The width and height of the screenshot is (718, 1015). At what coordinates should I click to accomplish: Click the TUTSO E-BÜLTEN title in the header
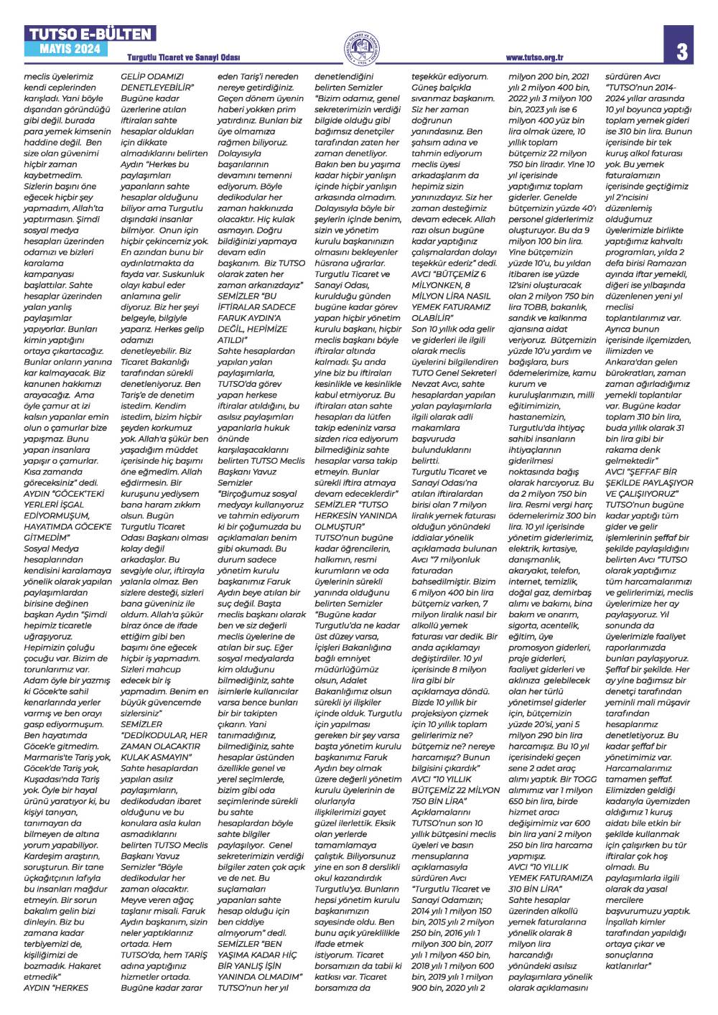point(90,34)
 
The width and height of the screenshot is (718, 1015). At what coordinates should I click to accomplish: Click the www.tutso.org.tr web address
point(534,58)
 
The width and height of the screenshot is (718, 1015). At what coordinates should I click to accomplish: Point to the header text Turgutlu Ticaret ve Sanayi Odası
point(183,57)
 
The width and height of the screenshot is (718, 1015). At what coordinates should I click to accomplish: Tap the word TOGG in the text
point(584,779)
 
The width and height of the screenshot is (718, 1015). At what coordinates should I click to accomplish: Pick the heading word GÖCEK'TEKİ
point(77,494)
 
